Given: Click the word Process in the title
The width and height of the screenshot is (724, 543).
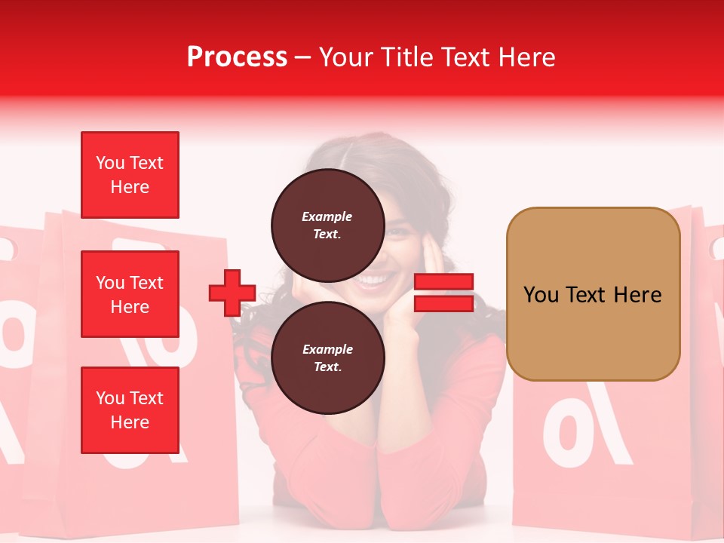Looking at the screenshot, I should tap(237, 57).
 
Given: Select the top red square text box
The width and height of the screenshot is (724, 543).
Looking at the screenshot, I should tap(130, 175).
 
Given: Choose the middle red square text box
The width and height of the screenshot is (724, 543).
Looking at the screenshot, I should tap(130, 294).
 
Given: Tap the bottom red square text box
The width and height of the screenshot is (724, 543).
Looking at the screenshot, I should tap(130, 410).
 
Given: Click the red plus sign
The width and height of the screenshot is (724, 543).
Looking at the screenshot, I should tap(232, 293).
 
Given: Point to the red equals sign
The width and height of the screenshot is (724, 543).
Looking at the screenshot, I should tap(443, 293).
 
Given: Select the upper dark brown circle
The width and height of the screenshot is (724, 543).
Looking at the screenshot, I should tap(327, 225).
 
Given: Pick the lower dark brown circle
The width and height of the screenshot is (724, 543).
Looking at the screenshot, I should tap(327, 357).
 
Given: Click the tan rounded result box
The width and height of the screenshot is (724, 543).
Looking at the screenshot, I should tap(593, 294).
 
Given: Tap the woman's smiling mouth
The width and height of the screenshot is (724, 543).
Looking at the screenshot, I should tap(372, 281).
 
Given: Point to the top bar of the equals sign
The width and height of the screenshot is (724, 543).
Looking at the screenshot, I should tap(443, 282).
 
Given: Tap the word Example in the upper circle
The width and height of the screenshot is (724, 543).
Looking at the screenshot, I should tap(327, 216).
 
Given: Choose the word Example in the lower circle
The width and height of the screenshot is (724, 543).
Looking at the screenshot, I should tap(327, 349).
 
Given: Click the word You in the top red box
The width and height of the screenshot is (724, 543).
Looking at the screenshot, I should tap(109, 163).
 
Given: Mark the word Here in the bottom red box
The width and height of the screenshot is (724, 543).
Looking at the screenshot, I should tap(130, 422).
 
